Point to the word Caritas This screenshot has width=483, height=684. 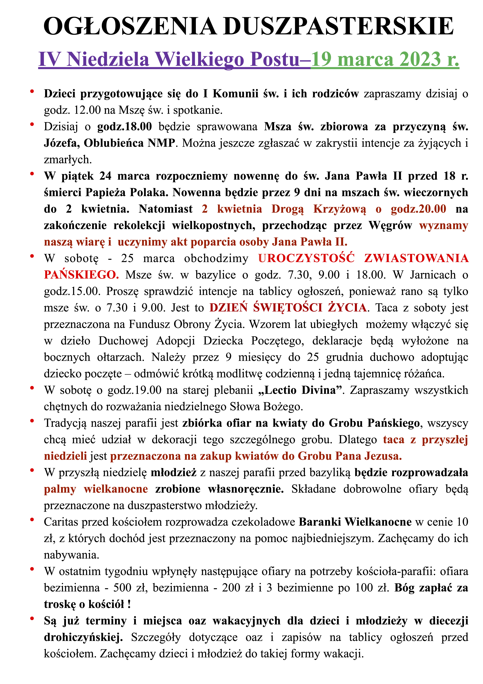[x=61, y=522]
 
